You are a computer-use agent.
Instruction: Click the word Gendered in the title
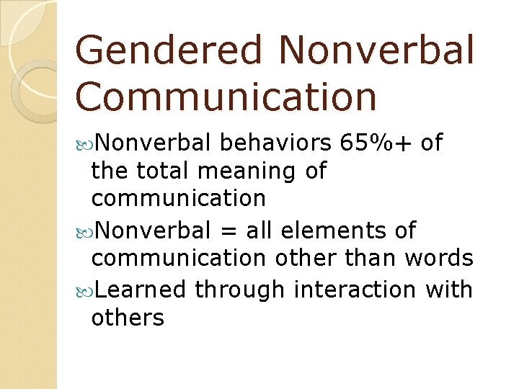pos(169,51)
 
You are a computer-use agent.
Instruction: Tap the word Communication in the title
pos(226,97)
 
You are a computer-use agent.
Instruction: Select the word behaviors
pos(277,143)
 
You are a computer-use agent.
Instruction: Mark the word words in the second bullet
pos(440,258)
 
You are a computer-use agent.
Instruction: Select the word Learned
pos(141,290)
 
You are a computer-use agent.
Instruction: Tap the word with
pos(449,290)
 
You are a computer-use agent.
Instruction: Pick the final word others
pos(128,318)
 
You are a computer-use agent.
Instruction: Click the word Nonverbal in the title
pos(376,51)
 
